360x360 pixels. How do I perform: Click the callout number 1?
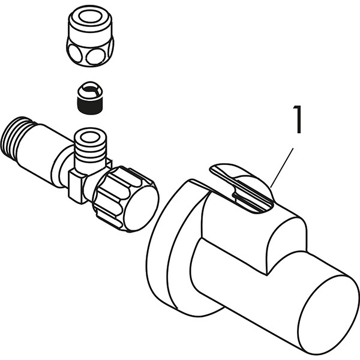click(x=298, y=119)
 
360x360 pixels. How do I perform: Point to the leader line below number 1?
click(x=282, y=168)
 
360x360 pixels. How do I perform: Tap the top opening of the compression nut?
click(x=90, y=17)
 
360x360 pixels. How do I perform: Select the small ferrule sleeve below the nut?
click(x=90, y=98)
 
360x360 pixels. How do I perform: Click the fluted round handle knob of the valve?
click(x=125, y=199)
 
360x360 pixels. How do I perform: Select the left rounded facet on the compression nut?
click(x=74, y=53)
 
